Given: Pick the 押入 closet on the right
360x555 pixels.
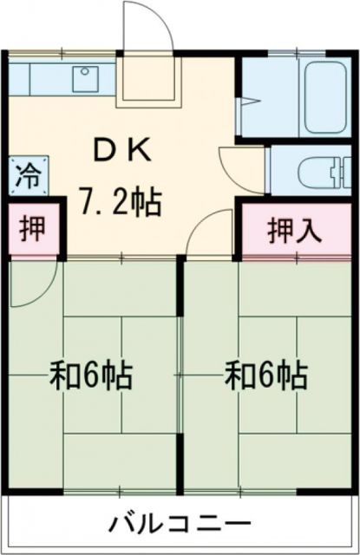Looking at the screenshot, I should click(295, 230).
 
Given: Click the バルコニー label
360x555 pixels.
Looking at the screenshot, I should click(180, 525).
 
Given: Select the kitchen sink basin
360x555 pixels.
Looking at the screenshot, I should click(84, 78).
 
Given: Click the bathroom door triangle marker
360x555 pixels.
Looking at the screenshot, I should click(247, 104).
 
